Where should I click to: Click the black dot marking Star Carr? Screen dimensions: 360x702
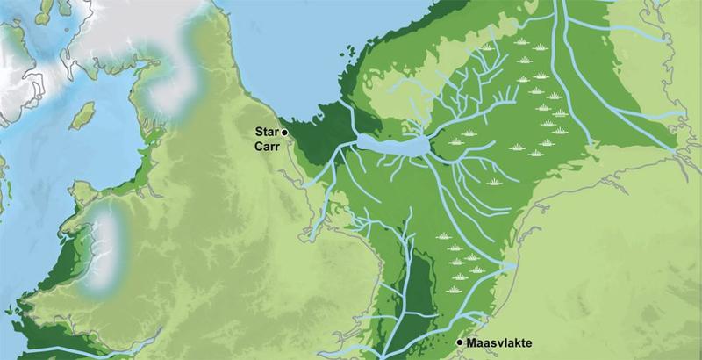coord(283,131)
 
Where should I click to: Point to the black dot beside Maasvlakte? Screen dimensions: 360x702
coord(460,342)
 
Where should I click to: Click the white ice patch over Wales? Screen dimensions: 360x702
coord(104,250)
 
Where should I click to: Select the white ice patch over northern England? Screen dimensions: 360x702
coord(167,88)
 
